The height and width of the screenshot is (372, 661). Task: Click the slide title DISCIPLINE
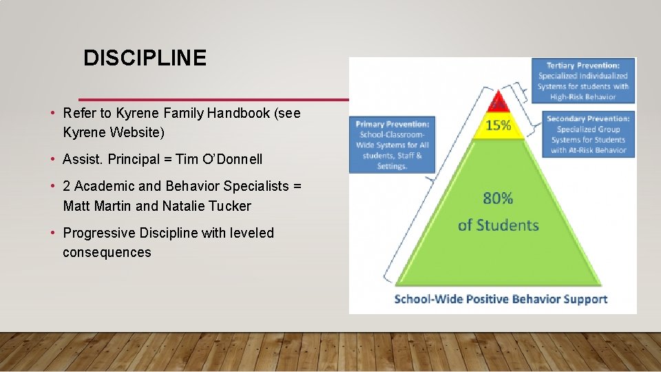pyautogui.click(x=145, y=59)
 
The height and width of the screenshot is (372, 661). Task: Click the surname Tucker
pyautogui.click(x=230, y=206)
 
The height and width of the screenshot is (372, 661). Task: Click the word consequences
pyautogui.click(x=107, y=252)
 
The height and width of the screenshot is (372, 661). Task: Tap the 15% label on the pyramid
pyautogui.click(x=498, y=125)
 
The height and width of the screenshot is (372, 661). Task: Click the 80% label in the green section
pyautogui.click(x=498, y=198)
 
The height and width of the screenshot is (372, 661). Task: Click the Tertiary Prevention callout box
pyautogui.click(x=583, y=81)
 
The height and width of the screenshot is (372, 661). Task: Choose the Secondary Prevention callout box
pyautogui.click(x=588, y=134)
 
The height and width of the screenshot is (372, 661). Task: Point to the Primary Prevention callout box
pyautogui.click(x=392, y=145)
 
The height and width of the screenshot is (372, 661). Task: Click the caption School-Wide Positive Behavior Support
pyautogui.click(x=500, y=299)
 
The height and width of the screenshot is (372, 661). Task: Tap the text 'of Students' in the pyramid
pyautogui.click(x=498, y=225)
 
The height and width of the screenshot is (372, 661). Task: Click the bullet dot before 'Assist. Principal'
pyautogui.click(x=52, y=160)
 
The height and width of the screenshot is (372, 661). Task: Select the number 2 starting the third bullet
pyautogui.click(x=67, y=186)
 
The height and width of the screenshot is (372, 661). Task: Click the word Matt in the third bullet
pyautogui.click(x=77, y=206)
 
